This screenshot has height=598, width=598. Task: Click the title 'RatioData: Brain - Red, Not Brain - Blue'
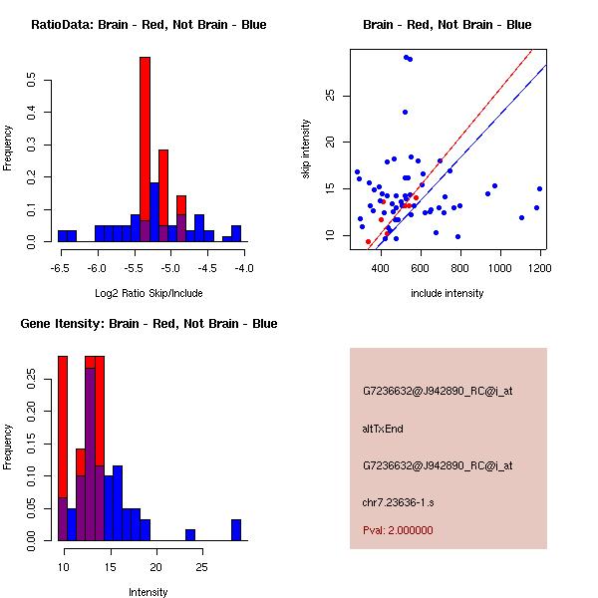pos(148,25)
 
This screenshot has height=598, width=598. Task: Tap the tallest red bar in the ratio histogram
pos(145,149)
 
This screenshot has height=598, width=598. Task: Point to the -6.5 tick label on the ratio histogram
pos(61,268)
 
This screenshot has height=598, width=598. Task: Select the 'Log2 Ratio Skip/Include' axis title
pos(149,293)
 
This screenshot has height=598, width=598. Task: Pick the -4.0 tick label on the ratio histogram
pos(243,268)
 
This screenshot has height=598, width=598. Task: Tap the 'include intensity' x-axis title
pos(448,293)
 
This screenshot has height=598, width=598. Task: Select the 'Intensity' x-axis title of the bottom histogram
pos(149,592)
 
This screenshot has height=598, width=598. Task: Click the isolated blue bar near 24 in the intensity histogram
pos(190,534)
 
